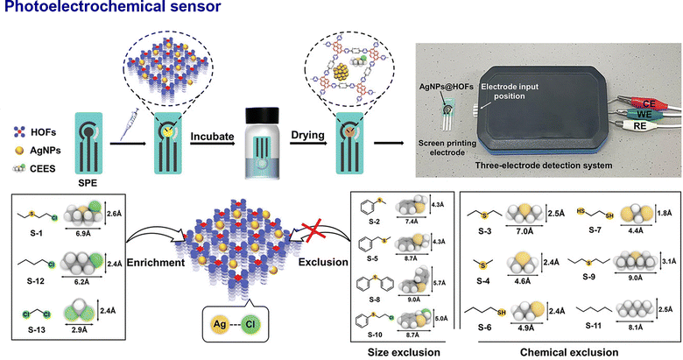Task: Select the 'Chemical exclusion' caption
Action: pyautogui.click(x=568, y=351)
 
